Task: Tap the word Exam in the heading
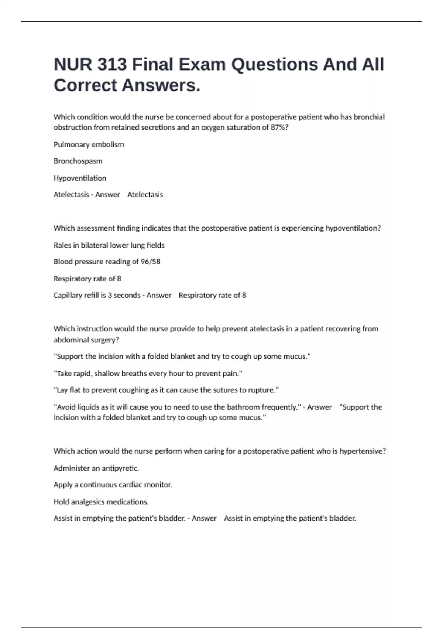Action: (202, 65)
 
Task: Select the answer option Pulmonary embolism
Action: (89, 144)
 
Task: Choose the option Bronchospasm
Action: (78, 161)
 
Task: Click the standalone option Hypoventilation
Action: (80, 178)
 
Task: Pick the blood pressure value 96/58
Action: (150, 262)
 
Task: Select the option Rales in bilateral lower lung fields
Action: (109, 245)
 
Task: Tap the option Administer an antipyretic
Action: (96, 468)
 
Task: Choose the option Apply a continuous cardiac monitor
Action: (113, 485)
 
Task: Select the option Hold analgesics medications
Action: (101, 502)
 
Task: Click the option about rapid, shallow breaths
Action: (148, 373)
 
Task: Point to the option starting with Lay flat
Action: (166, 390)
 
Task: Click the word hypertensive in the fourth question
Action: (362, 451)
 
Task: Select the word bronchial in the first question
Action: (369, 117)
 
